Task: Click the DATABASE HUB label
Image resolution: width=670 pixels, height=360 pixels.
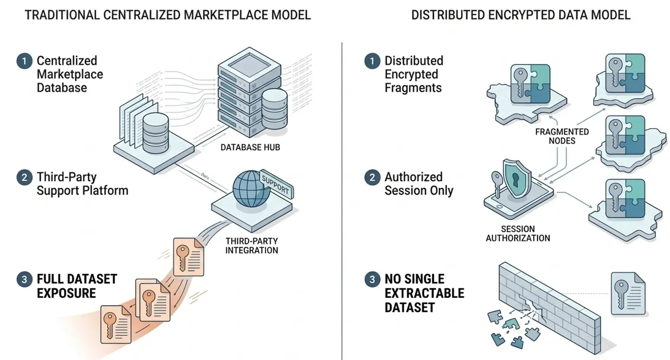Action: pos(250,148)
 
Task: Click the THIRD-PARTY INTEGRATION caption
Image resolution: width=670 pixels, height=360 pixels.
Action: pos(251,246)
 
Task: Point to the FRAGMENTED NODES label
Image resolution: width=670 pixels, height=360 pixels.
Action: pos(562,136)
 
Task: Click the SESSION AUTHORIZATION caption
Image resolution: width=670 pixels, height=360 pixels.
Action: pos(518,234)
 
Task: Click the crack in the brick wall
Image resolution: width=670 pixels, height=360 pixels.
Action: pos(530,305)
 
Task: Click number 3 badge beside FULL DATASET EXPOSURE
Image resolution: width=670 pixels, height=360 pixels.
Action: pos(24,280)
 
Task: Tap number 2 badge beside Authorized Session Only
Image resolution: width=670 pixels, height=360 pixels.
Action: pos(372,177)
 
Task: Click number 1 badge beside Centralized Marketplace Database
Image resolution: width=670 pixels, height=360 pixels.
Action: pos(24,61)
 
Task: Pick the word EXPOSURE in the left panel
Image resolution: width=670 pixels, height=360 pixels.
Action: pos(66,293)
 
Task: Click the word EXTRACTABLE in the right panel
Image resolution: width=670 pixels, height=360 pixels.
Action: pos(424,293)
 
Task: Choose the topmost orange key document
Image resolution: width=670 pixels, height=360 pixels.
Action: pos(188,257)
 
